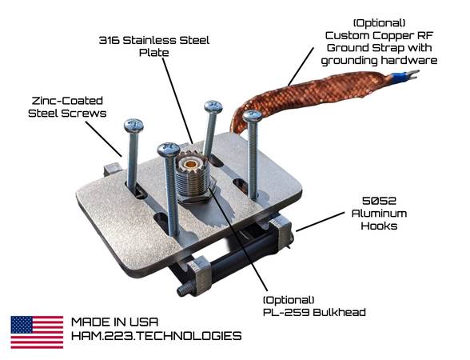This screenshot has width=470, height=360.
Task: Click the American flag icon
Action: coord(37,332)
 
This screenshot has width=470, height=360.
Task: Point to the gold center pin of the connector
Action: coord(189,164)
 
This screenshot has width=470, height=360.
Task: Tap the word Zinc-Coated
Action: coord(67,101)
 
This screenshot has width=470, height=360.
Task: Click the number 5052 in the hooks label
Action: coord(379,200)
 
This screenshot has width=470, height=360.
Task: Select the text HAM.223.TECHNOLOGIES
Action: coord(156,335)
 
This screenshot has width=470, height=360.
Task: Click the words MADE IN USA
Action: coord(114,322)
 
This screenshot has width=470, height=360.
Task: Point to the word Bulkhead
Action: coord(339,312)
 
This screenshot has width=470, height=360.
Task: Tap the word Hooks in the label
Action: coord(379,226)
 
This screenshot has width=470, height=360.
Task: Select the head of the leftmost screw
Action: coord(133,126)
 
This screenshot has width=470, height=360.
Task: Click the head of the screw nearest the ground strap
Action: coord(253,116)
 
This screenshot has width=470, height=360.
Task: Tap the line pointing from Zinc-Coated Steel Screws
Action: coord(104,139)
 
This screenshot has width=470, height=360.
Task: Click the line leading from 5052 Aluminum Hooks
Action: coord(320,222)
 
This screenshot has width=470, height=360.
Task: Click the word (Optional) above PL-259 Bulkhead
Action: coord(289,300)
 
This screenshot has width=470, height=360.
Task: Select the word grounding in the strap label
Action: coord(349,61)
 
